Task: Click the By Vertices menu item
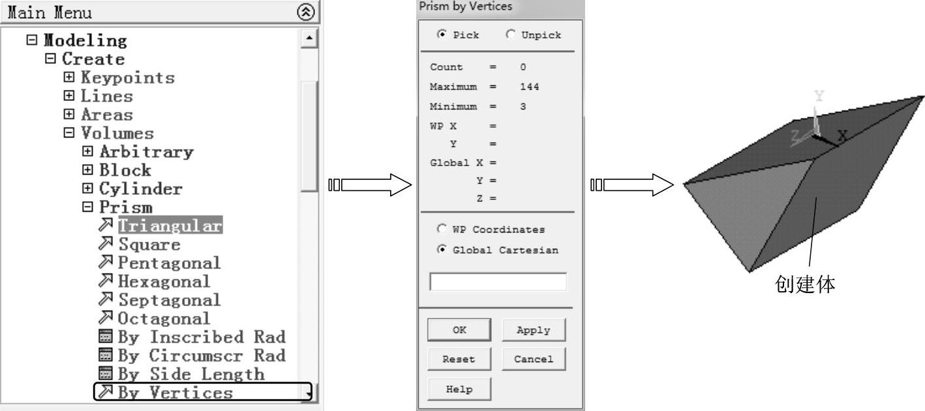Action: point(175,392)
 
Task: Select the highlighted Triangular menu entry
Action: point(170,226)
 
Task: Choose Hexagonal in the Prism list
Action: point(164,281)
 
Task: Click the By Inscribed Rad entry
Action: point(201,337)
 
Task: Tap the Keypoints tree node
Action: point(127,78)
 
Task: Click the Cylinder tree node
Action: point(140,189)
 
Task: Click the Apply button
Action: point(533,330)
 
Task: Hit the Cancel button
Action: point(533,359)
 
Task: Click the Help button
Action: point(459,389)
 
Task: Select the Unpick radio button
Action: point(510,35)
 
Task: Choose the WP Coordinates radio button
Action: point(442,229)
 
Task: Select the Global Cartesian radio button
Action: point(442,249)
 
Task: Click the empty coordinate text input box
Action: point(498,282)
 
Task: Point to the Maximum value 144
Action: point(529,87)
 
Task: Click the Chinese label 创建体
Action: point(805,285)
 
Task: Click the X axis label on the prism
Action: point(842,136)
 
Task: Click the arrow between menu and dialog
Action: point(371,186)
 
